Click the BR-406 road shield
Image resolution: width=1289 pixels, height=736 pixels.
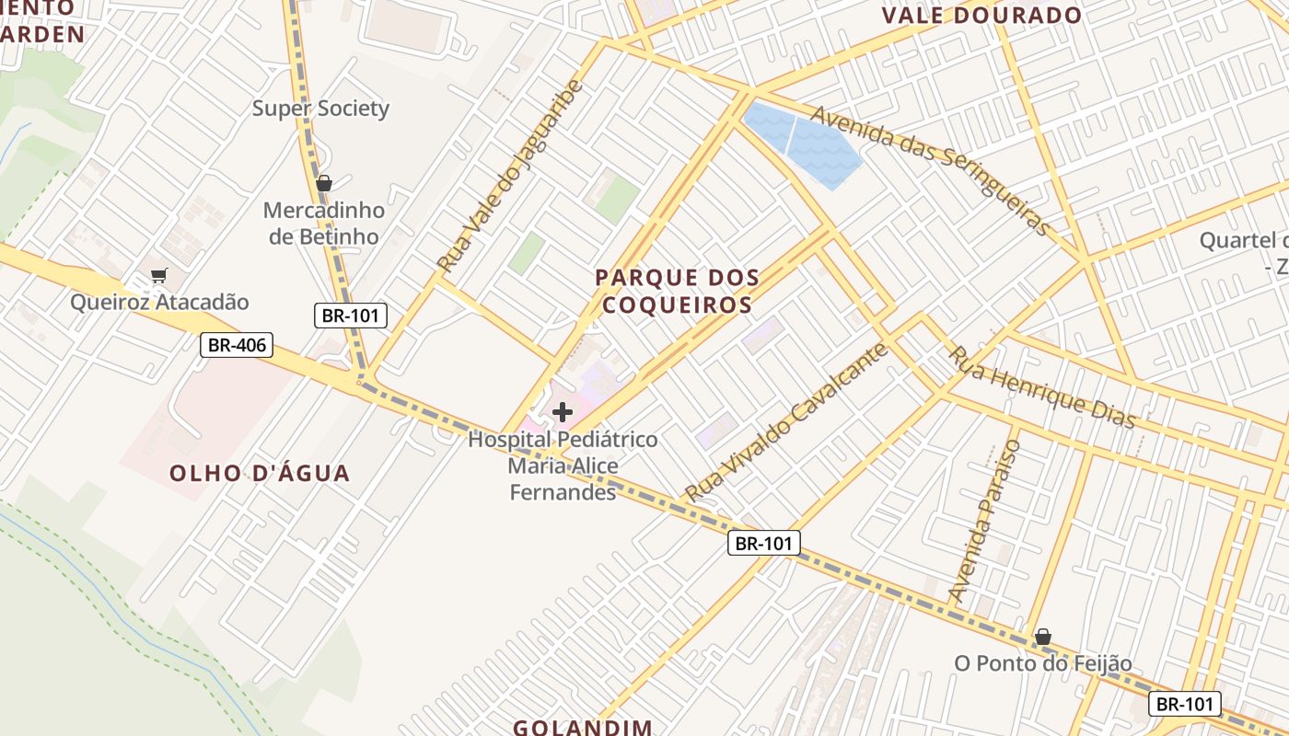point(238,346)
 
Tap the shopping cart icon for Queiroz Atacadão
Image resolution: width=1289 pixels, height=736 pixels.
point(159,275)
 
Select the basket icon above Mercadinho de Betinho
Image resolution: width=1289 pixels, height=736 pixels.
point(323,183)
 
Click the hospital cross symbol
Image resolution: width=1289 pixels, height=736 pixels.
point(563,412)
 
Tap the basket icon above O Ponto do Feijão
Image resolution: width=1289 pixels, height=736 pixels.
point(1042,637)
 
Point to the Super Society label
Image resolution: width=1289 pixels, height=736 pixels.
point(320,109)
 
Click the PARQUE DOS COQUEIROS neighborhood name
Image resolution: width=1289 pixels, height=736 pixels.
point(677,291)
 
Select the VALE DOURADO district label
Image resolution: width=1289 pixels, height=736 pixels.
point(981,16)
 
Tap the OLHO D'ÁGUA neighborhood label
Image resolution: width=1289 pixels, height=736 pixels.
point(260,474)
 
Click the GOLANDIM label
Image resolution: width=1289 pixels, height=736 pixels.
point(582,727)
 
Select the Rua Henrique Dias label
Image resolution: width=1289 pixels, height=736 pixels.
point(1042,387)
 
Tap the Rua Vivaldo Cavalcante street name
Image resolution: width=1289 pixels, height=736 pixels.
point(786,422)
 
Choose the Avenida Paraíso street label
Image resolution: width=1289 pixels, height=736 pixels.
point(986,521)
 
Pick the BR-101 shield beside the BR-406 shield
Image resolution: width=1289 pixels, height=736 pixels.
point(351,316)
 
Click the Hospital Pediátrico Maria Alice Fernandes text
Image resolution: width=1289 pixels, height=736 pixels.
point(563,466)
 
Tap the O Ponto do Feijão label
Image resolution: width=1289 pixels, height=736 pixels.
point(1042,663)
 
